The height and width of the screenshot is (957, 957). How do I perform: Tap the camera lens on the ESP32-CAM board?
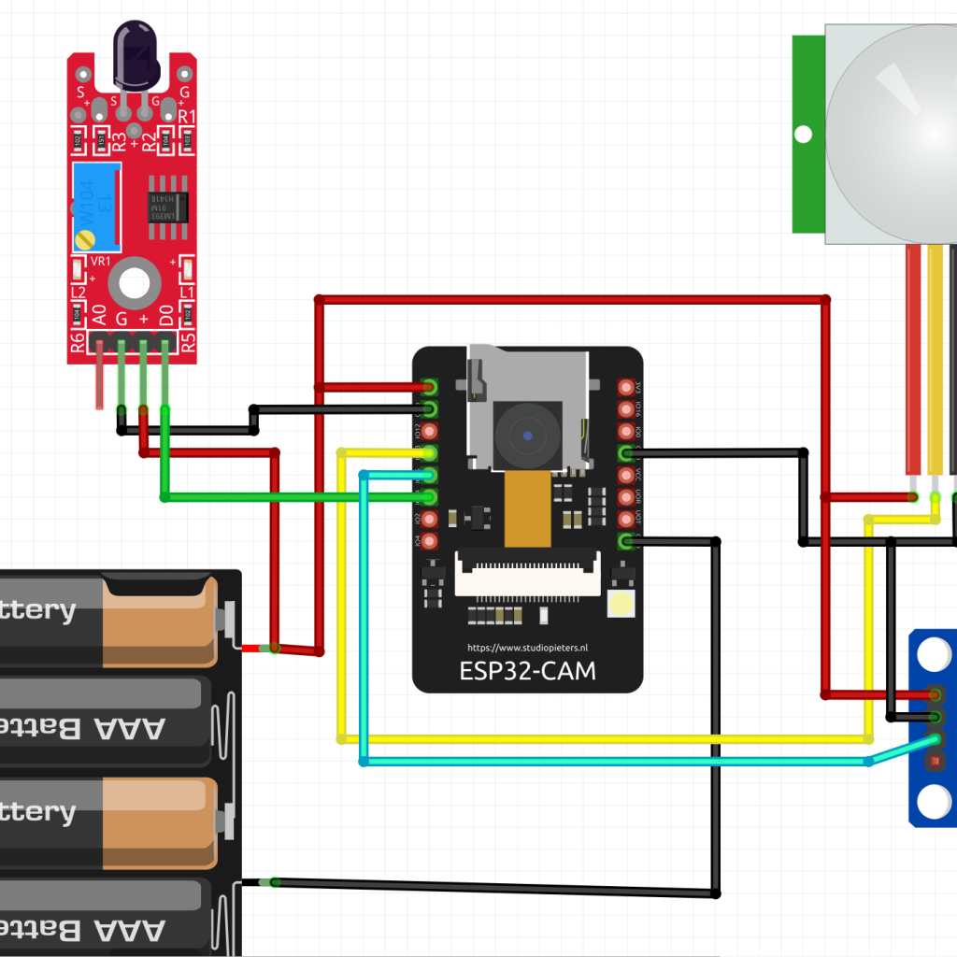coord(529,436)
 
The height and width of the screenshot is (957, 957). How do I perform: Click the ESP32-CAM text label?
coord(528,671)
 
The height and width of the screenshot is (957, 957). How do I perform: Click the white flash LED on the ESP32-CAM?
coord(621,605)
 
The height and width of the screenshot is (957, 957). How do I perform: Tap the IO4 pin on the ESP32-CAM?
coord(430,541)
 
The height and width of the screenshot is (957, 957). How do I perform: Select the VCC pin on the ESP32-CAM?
coord(627,475)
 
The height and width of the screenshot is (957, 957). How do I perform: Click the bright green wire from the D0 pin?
coord(280,497)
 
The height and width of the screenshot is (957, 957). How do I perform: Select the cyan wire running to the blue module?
coord(607,762)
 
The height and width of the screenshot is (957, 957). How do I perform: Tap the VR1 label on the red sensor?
coord(99,262)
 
